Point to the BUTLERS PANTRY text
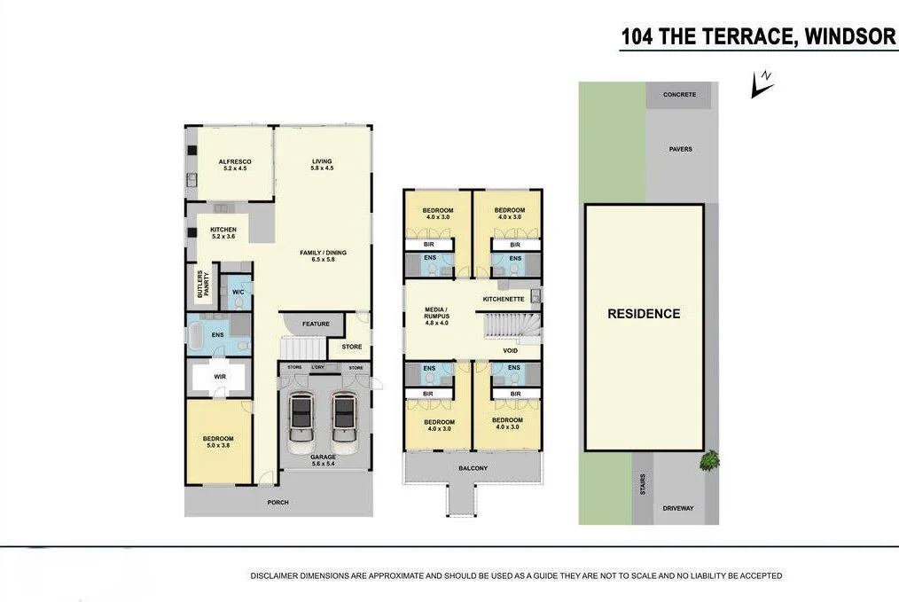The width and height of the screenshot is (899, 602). point(202,284)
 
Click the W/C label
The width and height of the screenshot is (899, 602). point(238,291)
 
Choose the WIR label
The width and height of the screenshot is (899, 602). point(220,377)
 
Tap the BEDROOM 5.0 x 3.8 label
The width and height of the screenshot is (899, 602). point(217,442)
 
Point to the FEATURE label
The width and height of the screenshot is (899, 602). point(316,324)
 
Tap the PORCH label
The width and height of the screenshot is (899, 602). point(278,503)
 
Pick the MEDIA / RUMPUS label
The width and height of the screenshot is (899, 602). point(436,314)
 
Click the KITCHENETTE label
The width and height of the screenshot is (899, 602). point(503,299)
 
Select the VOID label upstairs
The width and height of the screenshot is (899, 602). point(510,350)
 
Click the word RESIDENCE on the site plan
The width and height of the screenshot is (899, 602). point(644,314)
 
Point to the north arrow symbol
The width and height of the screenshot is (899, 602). point(761,84)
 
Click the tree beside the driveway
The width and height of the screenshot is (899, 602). point(708,460)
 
